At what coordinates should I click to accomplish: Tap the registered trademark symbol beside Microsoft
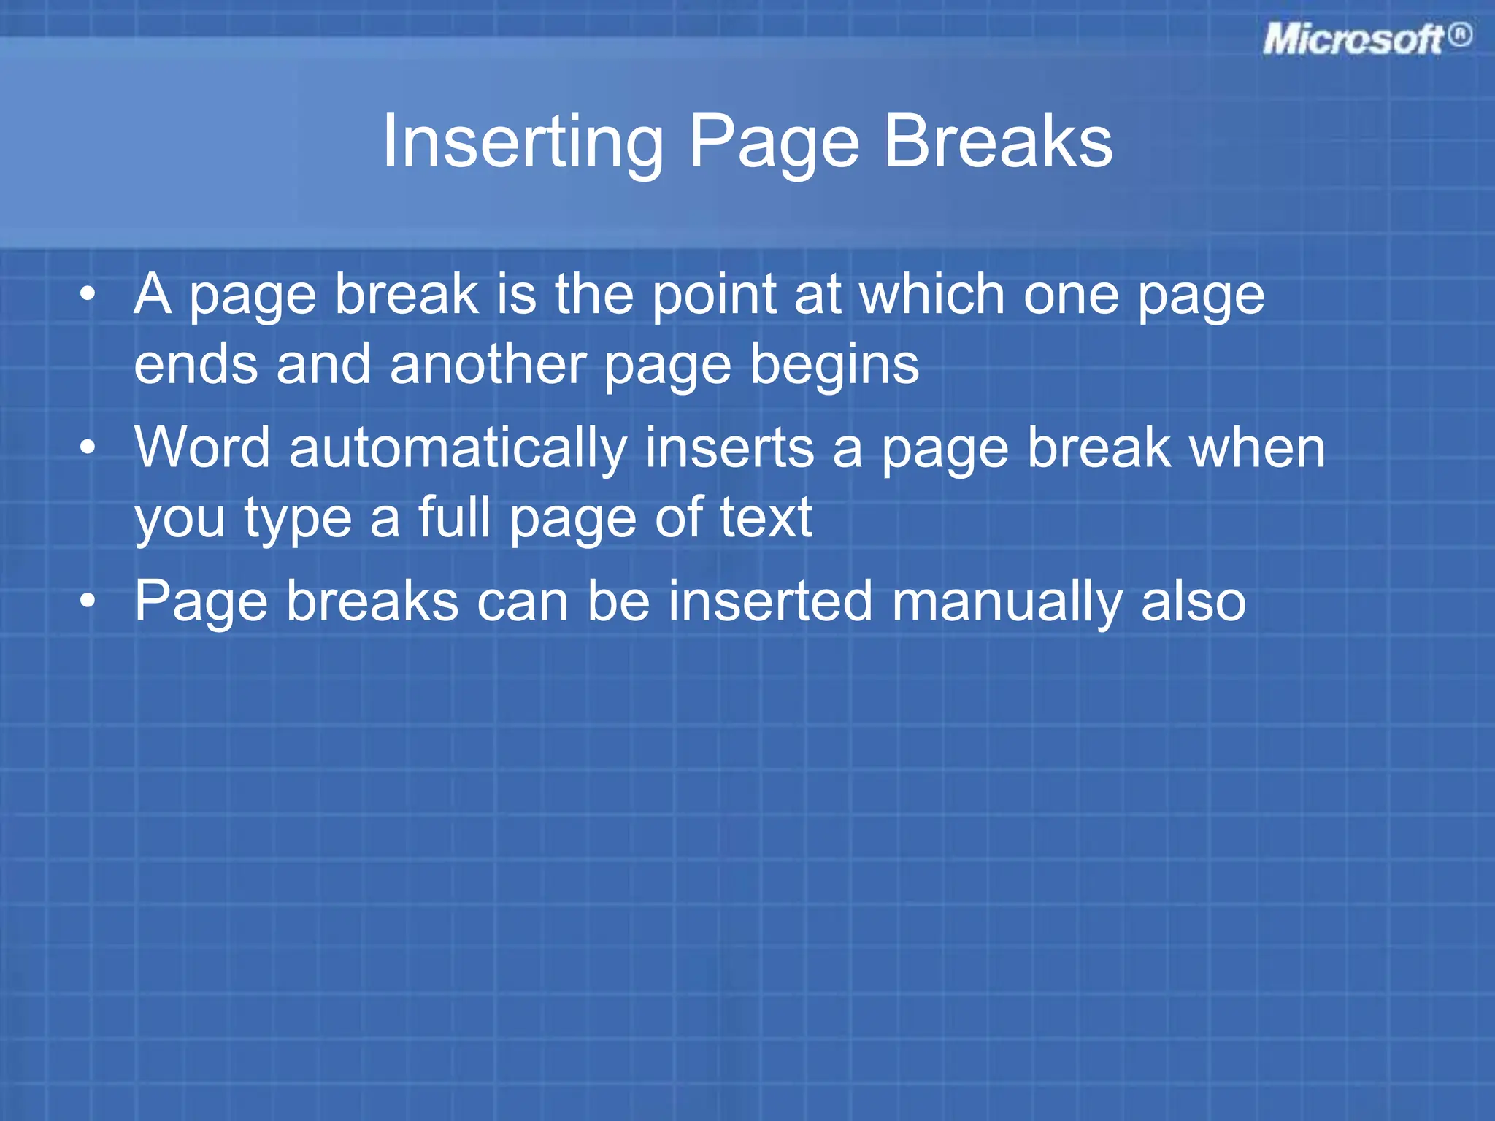coord(1460,35)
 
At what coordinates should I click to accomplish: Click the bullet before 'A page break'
coord(88,295)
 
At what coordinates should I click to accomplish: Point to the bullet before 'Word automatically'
coord(88,447)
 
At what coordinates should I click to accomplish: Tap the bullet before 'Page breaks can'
coord(88,601)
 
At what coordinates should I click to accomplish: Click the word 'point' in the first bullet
coord(715,296)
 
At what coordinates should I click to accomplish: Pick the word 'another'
coord(488,364)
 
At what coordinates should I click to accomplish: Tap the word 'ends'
coord(196,364)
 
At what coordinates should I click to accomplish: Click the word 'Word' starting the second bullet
coord(202,447)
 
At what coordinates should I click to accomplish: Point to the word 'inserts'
coord(729,448)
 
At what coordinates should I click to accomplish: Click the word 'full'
coord(454,517)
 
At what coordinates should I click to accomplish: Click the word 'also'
coord(1193,601)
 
